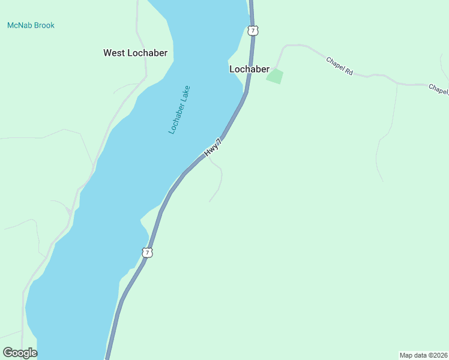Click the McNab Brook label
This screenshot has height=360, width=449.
(x=31, y=25)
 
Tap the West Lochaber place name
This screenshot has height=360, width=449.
(x=135, y=53)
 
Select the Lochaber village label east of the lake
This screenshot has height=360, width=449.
(x=249, y=69)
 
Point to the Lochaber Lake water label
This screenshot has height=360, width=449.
(x=179, y=109)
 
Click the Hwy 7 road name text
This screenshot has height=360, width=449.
(x=213, y=148)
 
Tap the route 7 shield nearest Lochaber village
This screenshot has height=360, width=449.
(x=253, y=30)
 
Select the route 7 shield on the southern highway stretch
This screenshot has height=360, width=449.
(x=147, y=253)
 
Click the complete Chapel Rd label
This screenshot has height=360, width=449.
(x=339, y=65)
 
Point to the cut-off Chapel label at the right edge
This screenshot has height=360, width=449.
(x=438, y=89)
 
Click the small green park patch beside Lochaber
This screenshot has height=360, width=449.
(x=274, y=76)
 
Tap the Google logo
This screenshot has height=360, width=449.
(x=20, y=353)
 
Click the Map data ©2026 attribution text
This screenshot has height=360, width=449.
(x=423, y=355)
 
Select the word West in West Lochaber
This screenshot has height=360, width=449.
(x=113, y=53)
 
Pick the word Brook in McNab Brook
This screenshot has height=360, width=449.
(x=44, y=25)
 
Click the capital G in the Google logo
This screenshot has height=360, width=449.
(x=8, y=352)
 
